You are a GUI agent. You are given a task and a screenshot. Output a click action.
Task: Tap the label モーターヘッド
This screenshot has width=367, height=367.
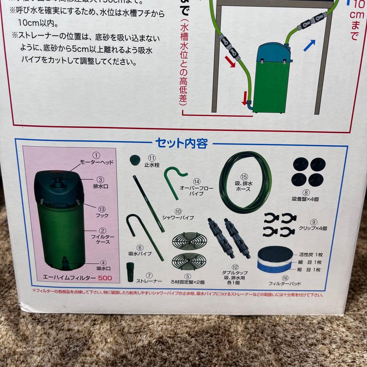coord(97,162)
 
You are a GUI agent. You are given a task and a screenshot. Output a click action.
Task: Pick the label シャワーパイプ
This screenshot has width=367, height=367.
coord(177,217)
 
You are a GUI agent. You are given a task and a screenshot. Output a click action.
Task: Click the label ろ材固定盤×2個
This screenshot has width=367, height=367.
coord(188,282)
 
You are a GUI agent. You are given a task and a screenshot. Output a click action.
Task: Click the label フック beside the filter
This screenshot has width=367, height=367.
coord(102,215)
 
